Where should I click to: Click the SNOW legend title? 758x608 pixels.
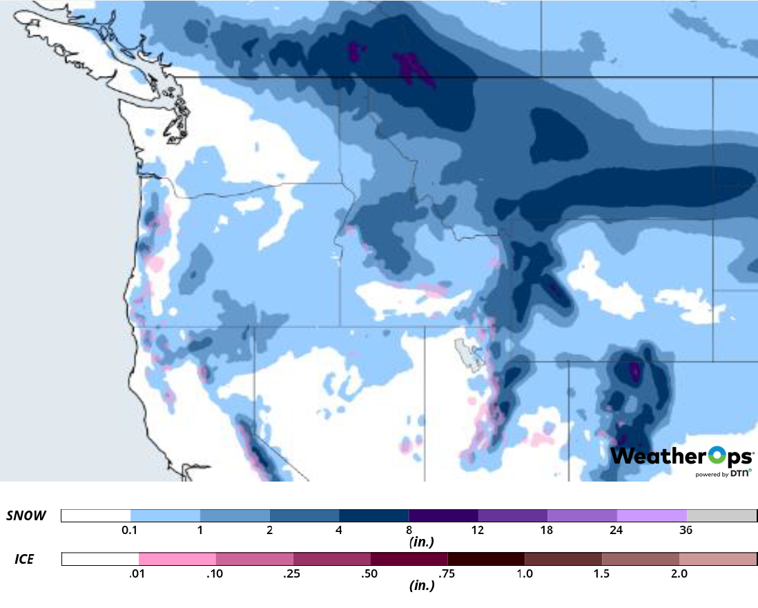click(x=27, y=516)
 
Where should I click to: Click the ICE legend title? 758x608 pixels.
click(x=25, y=559)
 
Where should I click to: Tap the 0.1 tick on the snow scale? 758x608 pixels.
click(x=130, y=531)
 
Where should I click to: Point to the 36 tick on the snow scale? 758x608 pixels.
click(x=686, y=531)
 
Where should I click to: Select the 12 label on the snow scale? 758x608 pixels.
click(x=478, y=531)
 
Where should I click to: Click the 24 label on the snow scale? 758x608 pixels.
click(x=616, y=531)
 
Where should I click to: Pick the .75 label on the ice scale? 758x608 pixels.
click(x=447, y=573)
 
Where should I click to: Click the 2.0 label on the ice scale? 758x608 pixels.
click(x=679, y=573)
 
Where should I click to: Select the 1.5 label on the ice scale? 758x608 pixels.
click(x=602, y=573)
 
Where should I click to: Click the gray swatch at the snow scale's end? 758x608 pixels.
click(x=721, y=516)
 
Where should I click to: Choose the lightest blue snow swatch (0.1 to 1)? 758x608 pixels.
click(x=165, y=516)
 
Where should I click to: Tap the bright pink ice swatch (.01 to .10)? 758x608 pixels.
click(x=177, y=559)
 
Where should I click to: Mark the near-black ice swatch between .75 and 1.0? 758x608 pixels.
click(x=486, y=559)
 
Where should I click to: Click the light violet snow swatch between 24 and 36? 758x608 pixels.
click(x=652, y=516)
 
